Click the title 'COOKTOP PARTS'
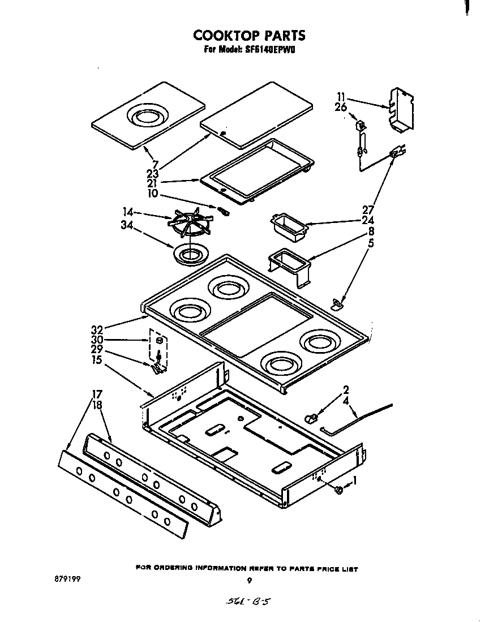[249, 35]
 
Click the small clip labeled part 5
[338, 305]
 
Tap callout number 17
[97, 394]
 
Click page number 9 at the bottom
[250, 580]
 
